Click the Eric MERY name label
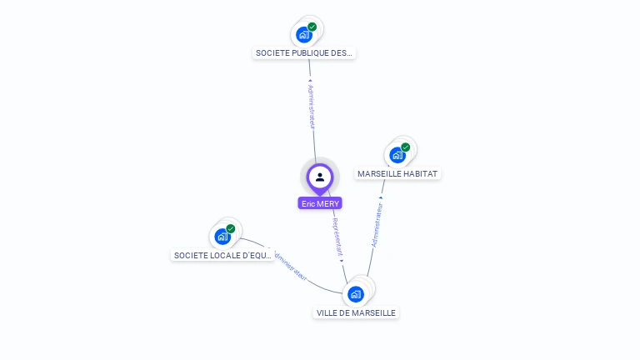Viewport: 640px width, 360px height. point(320,203)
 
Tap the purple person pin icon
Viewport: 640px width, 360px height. point(320,177)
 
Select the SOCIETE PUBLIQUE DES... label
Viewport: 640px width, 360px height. point(304,53)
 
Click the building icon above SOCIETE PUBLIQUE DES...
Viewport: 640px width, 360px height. point(304,35)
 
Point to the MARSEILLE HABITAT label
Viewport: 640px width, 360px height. point(397,174)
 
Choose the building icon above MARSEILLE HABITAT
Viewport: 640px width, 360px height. point(397,155)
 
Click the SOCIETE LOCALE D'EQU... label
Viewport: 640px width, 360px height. point(222,255)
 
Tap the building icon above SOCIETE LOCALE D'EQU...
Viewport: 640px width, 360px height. point(222,237)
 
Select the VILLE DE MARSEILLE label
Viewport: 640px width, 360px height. point(356,313)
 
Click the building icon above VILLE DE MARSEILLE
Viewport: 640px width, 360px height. point(356,294)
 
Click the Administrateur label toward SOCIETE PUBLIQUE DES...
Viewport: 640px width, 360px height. point(311,106)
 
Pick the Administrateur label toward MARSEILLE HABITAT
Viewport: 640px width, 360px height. point(377,223)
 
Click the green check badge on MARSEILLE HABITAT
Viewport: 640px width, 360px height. point(406,147)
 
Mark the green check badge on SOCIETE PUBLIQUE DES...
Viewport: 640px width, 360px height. point(312,27)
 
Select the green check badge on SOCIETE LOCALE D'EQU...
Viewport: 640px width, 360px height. point(231,229)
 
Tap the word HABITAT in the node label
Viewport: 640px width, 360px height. point(420,174)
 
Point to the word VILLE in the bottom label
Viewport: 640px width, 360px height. point(327,313)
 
